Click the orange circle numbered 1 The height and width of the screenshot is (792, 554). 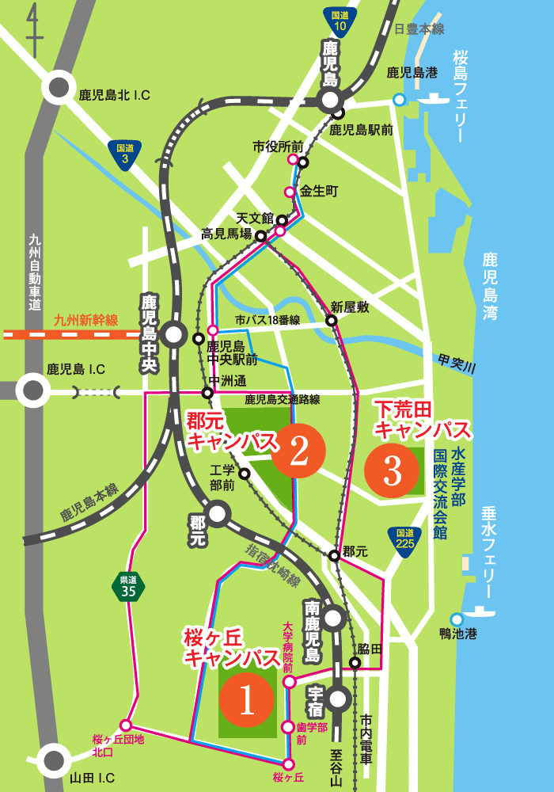pos(246,699)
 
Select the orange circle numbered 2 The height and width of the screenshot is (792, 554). pos(298,451)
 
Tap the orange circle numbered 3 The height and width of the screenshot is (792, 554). pos(392,470)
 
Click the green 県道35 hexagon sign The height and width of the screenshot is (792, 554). pos(128,586)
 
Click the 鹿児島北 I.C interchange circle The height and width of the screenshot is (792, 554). pos(59,86)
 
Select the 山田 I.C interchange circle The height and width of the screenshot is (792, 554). pos(55,759)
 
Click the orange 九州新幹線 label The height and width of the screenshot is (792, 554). pos(85,321)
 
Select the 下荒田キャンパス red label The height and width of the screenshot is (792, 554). pos(423,420)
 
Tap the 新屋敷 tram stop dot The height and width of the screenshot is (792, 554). pos(332,321)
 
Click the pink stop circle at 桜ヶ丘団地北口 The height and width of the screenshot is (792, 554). pos(125,725)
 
